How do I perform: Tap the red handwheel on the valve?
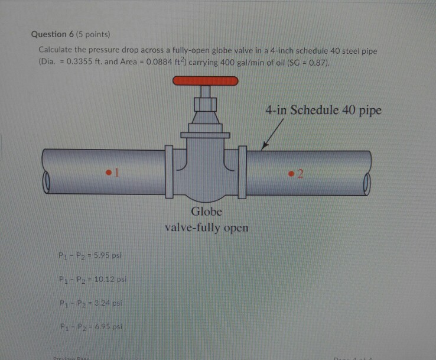click(204, 81)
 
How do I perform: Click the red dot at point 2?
click(291, 173)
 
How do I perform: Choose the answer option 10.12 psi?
click(92, 279)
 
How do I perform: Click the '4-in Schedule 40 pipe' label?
click(323, 110)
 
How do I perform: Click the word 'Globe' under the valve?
click(206, 212)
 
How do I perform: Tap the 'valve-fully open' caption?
click(206, 228)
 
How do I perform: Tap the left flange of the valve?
click(170, 173)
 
